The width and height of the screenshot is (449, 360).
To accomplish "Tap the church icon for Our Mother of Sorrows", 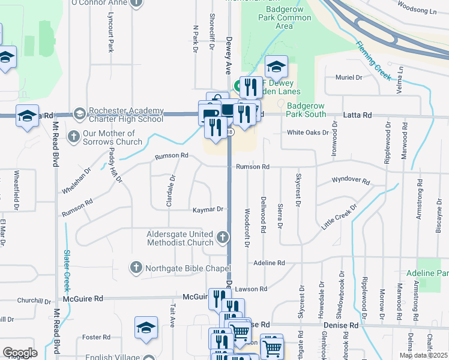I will (x=74, y=136).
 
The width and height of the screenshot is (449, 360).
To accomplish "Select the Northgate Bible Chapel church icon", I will (x=136, y=267).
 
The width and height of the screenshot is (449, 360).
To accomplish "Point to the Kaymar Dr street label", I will (x=208, y=210).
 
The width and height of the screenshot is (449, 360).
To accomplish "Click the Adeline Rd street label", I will (x=269, y=263).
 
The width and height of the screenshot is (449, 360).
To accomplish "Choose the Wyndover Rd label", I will (x=351, y=180).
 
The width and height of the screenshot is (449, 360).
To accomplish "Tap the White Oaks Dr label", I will (x=308, y=133).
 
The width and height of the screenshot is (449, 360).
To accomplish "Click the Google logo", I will (x=19, y=353).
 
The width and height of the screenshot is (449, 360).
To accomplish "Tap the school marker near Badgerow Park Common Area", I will (x=277, y=66).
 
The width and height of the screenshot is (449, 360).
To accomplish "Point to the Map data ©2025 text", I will (x=423, y=355).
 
